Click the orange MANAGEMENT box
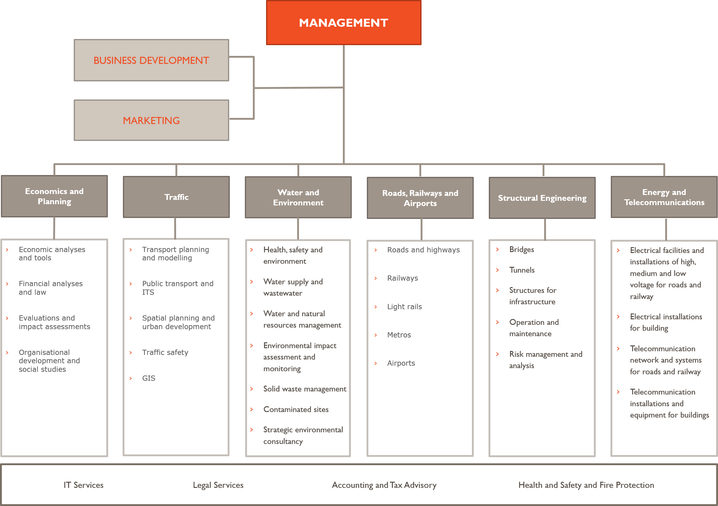pyautogui.click(x=343, y=22)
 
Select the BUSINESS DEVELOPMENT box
pyautogui.click(x=151, y=60)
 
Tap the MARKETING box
pyautogui.click(x=151, y=120)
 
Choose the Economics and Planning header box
pyautogui.click(x=54, y=196)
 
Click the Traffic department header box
pyautogui.click(x=176, y=197)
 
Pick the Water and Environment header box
pyautogui.click(x=298, y=197)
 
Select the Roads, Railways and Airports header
pyautogui.click(x=420, y=198)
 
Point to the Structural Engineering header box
pyautogui.click(x=542, y=198)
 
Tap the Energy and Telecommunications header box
pyautogui.click(x=664, y=197)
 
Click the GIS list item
pyautogui.click(x=148, y=378)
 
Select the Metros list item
pyautogui.click(x=399, y=335)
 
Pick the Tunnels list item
pyautogui.click(x=522, y=270)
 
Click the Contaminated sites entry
pyautogui.click(x=296, y=409)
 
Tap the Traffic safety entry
pyautogui.click(x=165, y=352)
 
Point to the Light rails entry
pyautogui.click(x=404, y=307)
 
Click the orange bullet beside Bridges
pyautogui.click(x=497, y=249)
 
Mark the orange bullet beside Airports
pyautogui.click(x=375, y=363)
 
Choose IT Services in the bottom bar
pyautogui.click(x=84, y=485)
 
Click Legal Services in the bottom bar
pyautogui.click(x=218, y=485)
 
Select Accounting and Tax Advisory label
pyautogui.click(x=384, y=485)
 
